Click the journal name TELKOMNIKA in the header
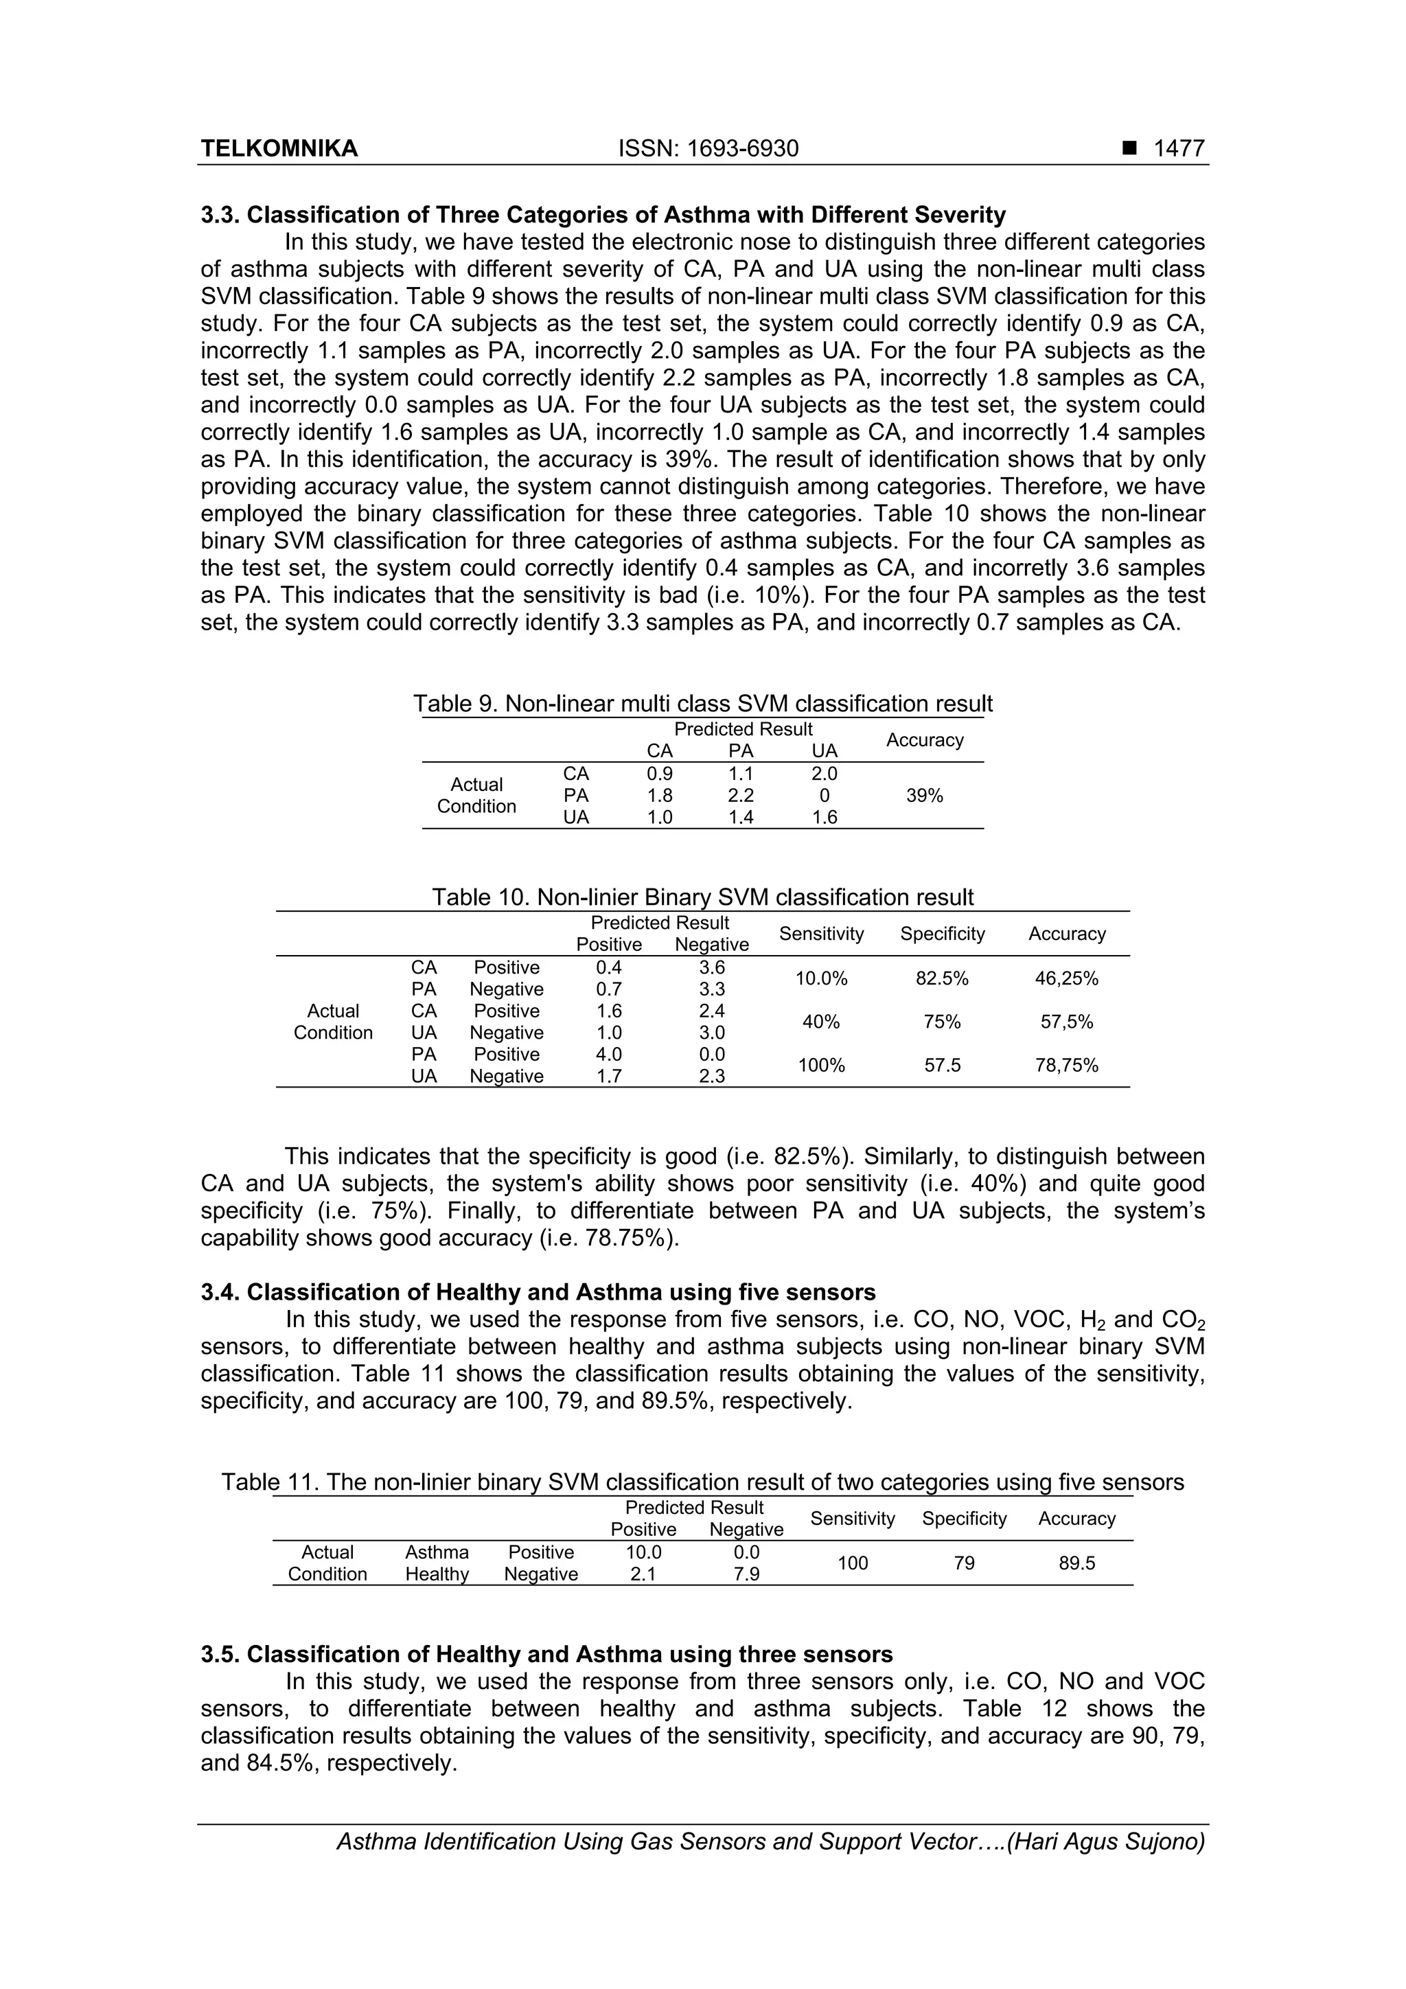point(279,149)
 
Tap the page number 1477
point(1178,149)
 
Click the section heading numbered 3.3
point(603,215)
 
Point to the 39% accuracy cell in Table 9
point(924,795)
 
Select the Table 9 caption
point(702,704)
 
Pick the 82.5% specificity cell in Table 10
point(942,979)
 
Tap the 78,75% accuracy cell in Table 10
point(1066,1066)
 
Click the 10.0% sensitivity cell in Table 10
point(821,979)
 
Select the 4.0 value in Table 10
point(609,1055)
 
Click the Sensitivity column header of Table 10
point(821,934)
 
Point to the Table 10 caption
point(702,897)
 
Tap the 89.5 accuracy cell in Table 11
point(1076,1563)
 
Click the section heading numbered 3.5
point(546,1655)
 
